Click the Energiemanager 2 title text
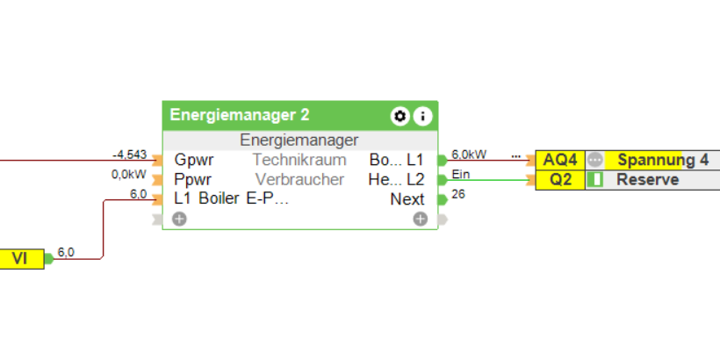(x=239, y=115)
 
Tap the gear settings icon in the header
(x=400, y=116)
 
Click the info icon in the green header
(x=422, y=116)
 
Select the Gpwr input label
(x=192, y=160)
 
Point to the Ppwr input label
(x=192, y=179)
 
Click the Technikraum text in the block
(x=299, y=160)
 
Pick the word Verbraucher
(x=299, y=179)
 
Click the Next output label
(x=407, y=199)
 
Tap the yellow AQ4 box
(x=560, y=160)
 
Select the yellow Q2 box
(x=560, y=179)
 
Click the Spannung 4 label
(x=662, y=160)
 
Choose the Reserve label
(x=647, y=179)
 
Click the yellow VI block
(x=20, y=259)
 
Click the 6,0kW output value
(x=469, y=155)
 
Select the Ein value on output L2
(x=460, y=174)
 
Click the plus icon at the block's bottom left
(x=179, y=219)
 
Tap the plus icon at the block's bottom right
(x=421, y=219)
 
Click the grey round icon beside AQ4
(x=595, y=160)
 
